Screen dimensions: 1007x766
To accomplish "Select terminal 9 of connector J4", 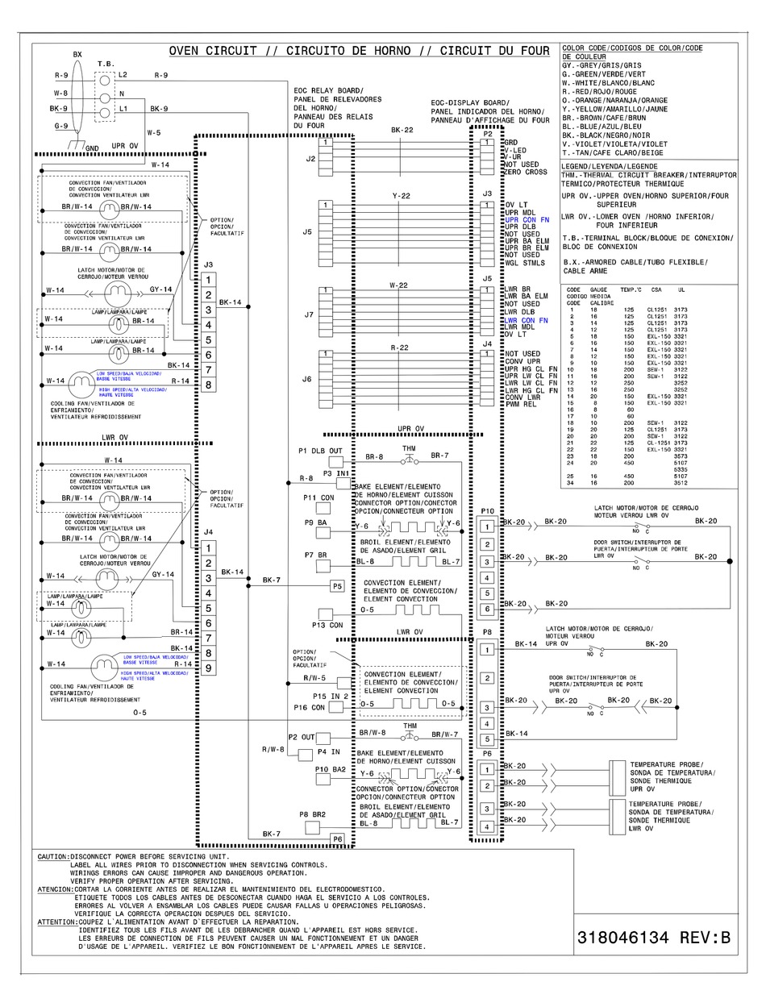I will [x=208, y=668].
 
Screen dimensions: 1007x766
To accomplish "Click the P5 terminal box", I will [x=337, y=586].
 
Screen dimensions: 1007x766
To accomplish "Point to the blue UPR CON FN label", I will [x=527, y=219].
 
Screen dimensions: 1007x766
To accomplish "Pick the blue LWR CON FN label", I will [x=527, y=320].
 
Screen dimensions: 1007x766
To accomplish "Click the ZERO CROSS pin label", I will [x=526, y=172].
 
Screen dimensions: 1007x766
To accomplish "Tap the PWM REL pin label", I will [x=521, y=404].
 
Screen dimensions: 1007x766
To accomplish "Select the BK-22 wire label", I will [x=402, y=130].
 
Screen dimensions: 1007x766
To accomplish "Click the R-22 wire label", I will [x=401, y=348].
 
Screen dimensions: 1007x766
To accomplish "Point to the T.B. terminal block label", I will [x=106, y=63].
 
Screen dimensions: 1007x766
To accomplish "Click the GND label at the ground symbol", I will [x=92, y=148].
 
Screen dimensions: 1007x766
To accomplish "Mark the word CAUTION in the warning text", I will [x=52, y=857].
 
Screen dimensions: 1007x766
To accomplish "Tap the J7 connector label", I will [x=308, y=314].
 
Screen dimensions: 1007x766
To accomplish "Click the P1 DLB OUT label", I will [x=320, y=451].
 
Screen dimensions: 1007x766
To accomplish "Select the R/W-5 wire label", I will [x=314, y=678].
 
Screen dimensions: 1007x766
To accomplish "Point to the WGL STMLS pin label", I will [x=524, y=263].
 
